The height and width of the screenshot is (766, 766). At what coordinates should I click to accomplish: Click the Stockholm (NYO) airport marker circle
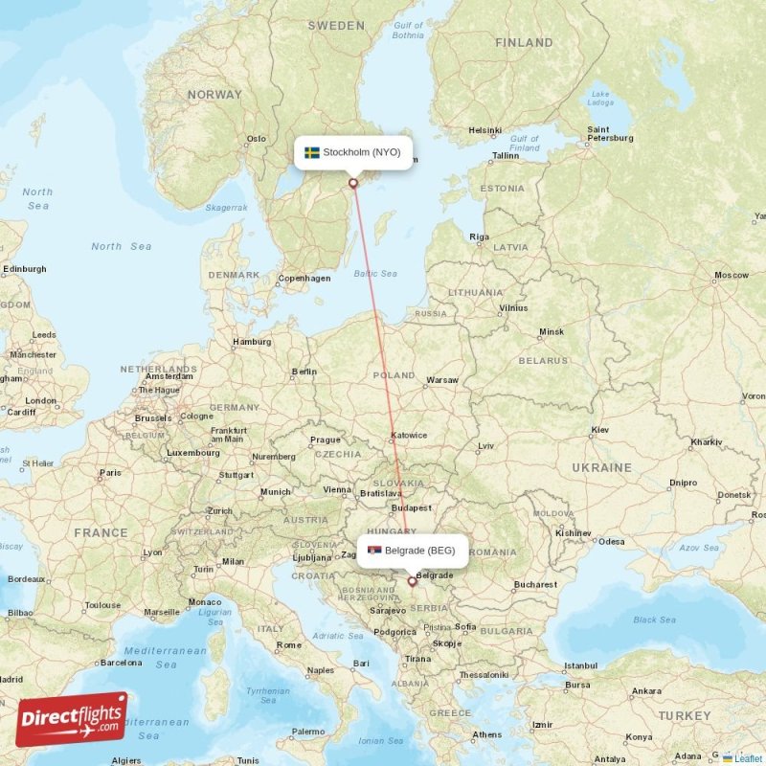coord(353,183)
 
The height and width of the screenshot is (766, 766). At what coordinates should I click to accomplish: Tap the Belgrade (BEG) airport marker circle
coord(413,581)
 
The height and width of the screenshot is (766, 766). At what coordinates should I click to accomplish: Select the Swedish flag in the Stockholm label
coord(312,152)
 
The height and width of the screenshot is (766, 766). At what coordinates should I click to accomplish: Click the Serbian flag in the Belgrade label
coord(374,551)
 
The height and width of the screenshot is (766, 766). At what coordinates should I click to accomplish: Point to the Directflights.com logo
coord(72,719)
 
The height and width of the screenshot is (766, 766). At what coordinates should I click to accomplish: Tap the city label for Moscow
coord(731,276)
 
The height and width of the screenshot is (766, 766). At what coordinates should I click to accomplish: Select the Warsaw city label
coord(442,380)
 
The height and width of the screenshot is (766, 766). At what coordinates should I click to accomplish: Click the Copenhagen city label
coord(304,279)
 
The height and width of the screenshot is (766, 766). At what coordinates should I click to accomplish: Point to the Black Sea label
coord(654,620)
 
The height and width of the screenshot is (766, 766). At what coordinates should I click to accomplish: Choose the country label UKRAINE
coord(603,467)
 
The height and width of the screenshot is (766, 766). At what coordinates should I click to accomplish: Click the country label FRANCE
coord(101,532)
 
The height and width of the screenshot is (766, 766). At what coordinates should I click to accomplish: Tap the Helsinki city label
coord(484,130)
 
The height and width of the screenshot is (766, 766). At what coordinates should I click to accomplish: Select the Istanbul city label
coord(580,665)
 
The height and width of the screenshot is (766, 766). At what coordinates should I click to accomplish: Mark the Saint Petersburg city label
coord(610,133)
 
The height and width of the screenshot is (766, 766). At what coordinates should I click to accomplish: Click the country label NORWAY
coord(214,95)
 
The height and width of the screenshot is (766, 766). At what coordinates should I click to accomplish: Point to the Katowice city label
coord(409,436)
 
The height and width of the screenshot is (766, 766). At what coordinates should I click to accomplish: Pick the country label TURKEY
coord(685,715)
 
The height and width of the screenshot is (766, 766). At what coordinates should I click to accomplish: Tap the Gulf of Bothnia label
coord(408,30)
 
